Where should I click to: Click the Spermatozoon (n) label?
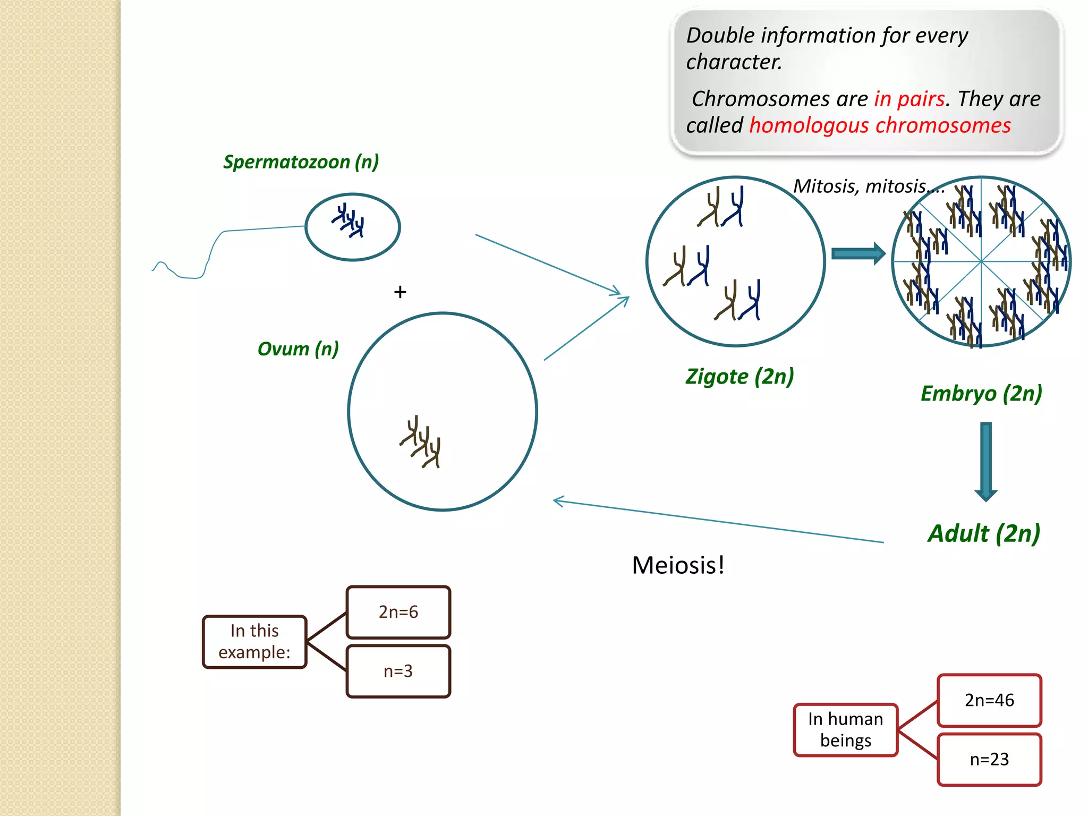coord(301,161)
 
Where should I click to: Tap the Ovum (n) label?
coord(297,349)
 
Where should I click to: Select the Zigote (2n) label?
coord(739,377)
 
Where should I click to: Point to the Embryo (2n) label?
coord(981,394)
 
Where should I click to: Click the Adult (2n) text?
coord(984,533)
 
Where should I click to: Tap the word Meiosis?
coord(678,565)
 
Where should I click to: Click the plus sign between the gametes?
coord(400,292)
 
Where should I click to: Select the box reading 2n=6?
coord(398,612)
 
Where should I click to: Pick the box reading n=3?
coord(398,671)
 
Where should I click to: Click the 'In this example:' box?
coord(254,641)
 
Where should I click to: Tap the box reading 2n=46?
coord(989,700)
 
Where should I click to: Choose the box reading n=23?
coord(989,759)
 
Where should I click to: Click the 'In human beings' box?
coord(845,729)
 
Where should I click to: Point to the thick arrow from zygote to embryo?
coord(858,254)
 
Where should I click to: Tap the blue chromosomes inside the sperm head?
coord(349,220)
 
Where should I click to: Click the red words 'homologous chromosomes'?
coord(880,125)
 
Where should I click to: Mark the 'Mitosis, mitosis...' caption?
coord(868,186)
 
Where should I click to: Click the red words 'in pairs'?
coord(909,99)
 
